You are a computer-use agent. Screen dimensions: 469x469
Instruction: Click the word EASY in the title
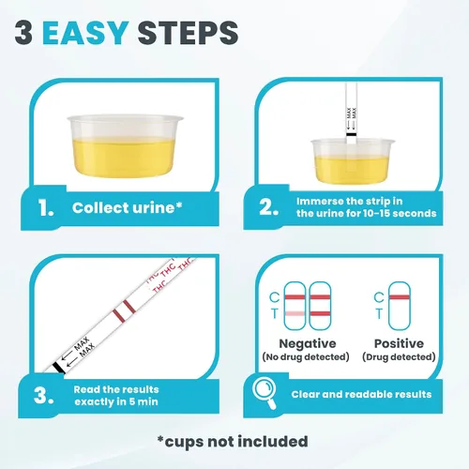pyautogui.click(x=85, y=33)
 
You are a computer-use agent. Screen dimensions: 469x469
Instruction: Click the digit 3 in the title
pyautogui.click(x=23, y=33)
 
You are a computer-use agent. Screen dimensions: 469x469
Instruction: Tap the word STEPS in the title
pyautogui.click(x=188, y=33)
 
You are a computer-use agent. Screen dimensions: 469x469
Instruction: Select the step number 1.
pyautogui.click(x=46, y=208)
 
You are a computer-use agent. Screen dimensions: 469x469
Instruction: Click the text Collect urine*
pyautogui.click(x=127, y=207)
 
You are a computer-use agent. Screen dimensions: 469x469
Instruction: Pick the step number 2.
pyautogui.click(x=268, y=207)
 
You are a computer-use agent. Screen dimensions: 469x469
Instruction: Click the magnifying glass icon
pyautogui.click(x=265, y=393)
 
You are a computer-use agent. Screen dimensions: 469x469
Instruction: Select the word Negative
pyautogui.click(x=308, y=343)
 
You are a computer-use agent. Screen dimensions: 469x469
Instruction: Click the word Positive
pyautogui.click(x=399, y=343)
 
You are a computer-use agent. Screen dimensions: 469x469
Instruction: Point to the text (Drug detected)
pyautogui.click(x=399, y=356)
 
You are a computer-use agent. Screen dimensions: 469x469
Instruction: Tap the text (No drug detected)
pyautogui.click(x=306, y=356)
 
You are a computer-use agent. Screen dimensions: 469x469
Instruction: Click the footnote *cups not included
pyautogui.click(x=233, y=442)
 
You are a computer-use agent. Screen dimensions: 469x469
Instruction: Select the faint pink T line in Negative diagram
pyautogui.click(x=295, y=313)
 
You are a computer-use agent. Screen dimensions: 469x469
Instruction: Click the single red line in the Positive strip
pyautogui.click(x=400, y=297)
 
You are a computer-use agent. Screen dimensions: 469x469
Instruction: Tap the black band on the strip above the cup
pyautogui.click(x=351, y=134)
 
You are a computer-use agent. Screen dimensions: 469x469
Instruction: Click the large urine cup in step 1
pyautogui.click(x=125, y=146)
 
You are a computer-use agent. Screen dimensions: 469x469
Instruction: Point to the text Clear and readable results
pyautogui.click(x=361, y=394)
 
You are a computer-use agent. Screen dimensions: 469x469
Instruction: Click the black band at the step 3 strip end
pyautogui.click(x=58, y=368)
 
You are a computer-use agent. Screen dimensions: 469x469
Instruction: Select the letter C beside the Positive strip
pyautogui.click(x=379, y=297)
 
